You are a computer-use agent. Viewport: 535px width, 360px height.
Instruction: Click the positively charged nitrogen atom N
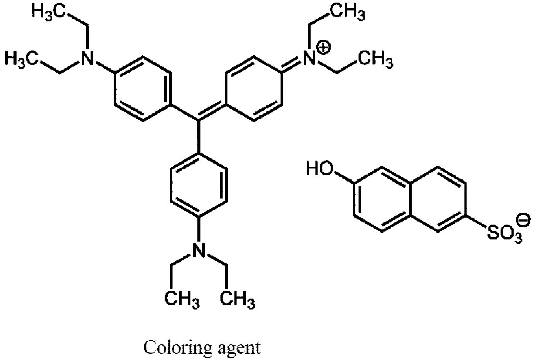click(309, 58)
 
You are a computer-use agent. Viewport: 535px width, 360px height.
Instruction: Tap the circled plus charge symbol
click(324, 48)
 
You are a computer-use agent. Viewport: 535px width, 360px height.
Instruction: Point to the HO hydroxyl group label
click(319, 168)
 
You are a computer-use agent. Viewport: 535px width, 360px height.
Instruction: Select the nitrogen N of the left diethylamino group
click(87, 58)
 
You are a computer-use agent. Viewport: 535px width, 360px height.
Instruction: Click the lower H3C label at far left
click(21, 59)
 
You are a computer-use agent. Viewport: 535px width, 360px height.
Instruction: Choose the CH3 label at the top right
click(348, 11)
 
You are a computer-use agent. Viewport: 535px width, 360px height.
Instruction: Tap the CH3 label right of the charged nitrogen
click(376, 59)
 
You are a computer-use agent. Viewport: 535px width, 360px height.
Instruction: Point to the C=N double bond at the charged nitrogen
click(291, 64)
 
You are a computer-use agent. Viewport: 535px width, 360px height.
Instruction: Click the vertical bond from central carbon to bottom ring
click(199, 136)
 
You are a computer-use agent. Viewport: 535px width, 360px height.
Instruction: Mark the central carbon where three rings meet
click(199, 120)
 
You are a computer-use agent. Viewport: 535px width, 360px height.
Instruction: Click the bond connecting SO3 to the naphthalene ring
click(477, 222)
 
